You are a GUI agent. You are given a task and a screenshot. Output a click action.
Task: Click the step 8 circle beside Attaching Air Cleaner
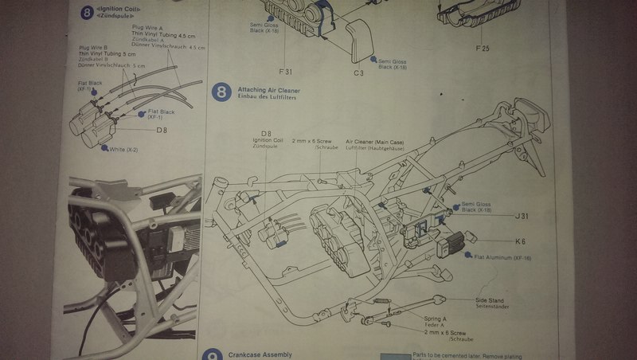(x=221, y=93)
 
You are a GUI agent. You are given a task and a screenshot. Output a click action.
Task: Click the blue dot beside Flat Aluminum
(x=469, y=257)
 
